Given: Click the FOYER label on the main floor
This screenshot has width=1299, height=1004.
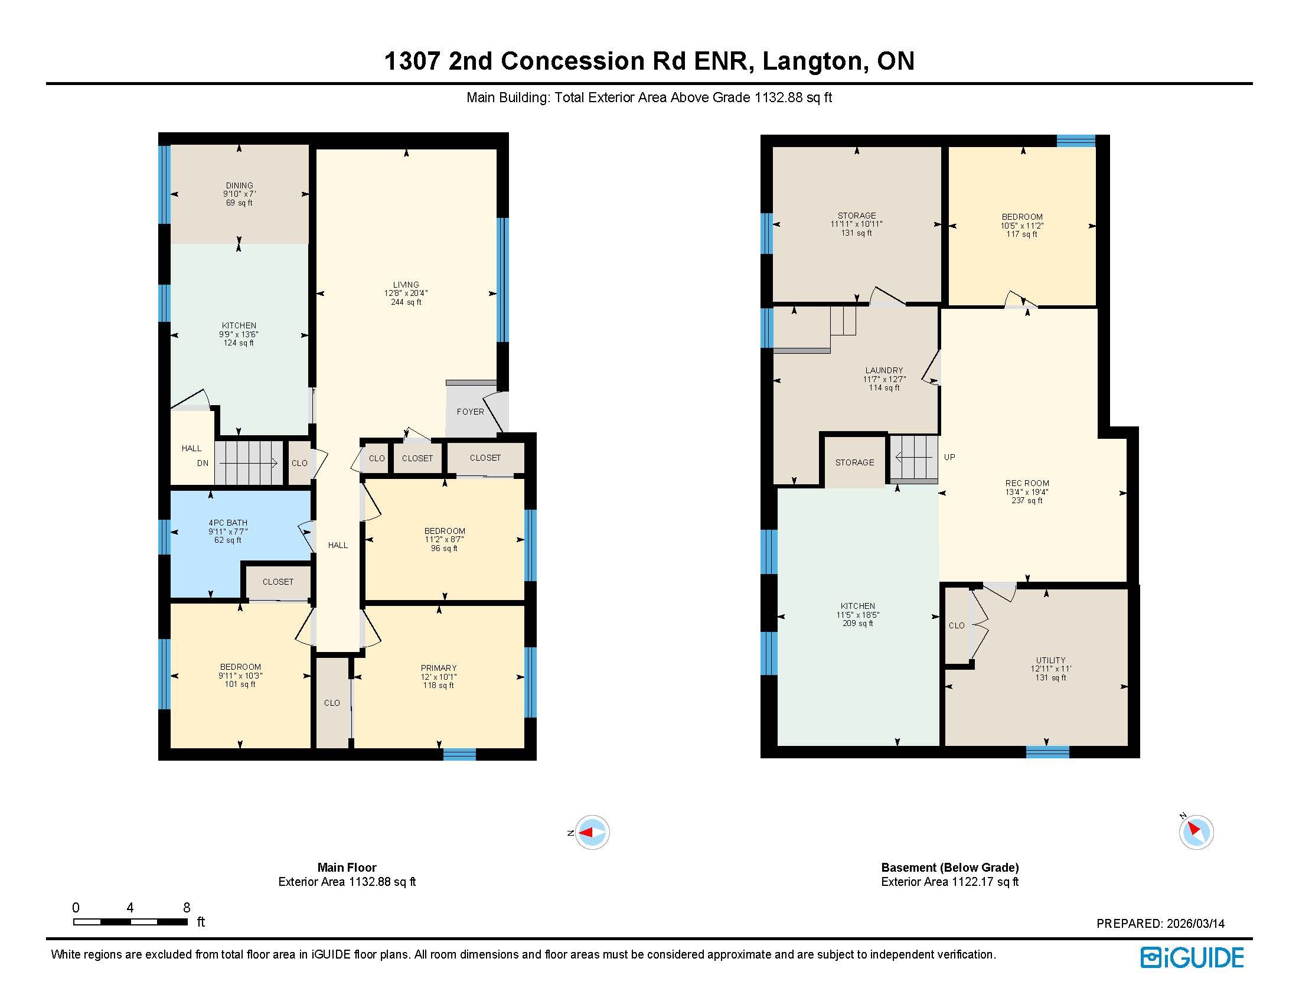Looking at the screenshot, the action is click(x=470, y=412).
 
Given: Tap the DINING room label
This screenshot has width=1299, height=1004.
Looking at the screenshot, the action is click(x=239, y=185).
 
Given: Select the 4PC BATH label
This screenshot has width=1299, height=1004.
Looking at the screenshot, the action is click(x=228, y=523).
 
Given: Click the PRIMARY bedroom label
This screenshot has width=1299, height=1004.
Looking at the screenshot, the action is click(x=438, y=668).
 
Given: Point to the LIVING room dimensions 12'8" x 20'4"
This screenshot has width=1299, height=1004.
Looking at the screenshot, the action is click(x=406, y=294).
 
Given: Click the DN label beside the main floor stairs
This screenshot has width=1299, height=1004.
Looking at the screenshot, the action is click(x=203, y=464).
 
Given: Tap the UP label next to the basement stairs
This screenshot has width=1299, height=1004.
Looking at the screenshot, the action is click(x=949, y=457).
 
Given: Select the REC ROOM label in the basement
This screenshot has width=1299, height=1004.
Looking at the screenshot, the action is click(x=1027, y=483).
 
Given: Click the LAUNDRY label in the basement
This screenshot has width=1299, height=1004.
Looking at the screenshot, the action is click(x=884, y=370).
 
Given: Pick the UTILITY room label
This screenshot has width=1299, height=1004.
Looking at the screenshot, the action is click(x=1050, y=660).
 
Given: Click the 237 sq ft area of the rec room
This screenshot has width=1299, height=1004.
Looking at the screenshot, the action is click(x=1027, y=501).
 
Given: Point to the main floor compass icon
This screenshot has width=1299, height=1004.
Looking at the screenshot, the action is click(x=592, y=832).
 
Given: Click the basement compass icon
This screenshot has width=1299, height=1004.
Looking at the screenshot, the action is click(x=1196, y=832).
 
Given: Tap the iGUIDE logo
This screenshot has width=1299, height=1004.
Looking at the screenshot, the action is click(x=1192, y=957).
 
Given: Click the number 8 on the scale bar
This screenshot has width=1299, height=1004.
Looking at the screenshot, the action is click(x=187, y=908).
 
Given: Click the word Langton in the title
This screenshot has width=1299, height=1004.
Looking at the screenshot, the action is click(x=811, y=61).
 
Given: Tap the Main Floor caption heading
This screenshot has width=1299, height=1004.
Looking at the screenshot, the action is click(x=347, y=867).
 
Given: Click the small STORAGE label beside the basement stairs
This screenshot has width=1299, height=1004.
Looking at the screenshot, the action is click(x=854, y=462).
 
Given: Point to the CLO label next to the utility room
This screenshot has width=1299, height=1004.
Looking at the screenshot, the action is click(x=957, y=625).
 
